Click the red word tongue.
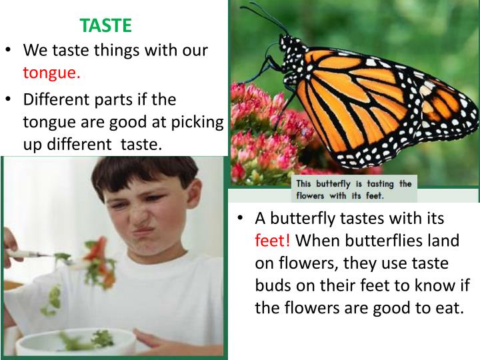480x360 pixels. (x=52, y=73)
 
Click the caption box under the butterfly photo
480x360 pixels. (x=353, y=189)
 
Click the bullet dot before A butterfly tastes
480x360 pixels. (x=241, y=219)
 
